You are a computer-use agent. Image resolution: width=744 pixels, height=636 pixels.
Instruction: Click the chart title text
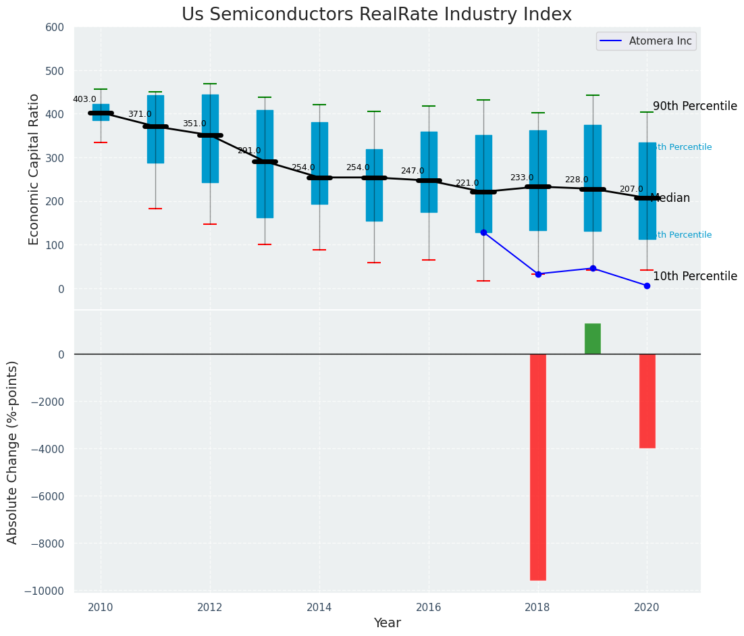click(377, 15)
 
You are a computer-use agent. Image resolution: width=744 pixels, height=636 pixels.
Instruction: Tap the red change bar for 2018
click(538, 467)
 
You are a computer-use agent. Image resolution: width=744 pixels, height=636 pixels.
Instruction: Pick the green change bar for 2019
click(593, 338)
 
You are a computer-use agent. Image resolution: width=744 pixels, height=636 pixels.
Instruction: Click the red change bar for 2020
click(647, 401)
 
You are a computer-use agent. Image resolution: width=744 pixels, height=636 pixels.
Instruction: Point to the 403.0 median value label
click(84, 99)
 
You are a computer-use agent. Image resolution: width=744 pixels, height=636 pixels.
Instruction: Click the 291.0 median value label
click(248, 151)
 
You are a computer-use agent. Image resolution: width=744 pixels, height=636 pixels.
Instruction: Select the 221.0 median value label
click(467, 183)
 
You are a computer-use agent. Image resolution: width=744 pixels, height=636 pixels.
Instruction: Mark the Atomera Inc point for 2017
click(483, 232)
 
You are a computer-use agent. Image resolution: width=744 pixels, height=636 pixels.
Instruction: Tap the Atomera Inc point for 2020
click(647, 286)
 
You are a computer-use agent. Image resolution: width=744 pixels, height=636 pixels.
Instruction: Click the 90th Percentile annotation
click(695, 107)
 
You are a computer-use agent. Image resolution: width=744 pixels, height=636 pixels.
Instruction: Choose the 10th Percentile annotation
click(695, 277)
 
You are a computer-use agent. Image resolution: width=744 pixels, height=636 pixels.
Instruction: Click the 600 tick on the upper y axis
click(55, 28)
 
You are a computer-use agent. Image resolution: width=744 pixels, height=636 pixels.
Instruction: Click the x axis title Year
click(388, 623)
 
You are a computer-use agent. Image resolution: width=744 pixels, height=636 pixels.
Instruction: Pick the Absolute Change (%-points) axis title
click(13, 452)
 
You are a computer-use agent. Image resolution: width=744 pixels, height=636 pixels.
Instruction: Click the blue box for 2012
click(210, 138)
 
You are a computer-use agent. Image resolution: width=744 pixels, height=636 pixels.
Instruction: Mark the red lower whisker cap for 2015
click(374, 263)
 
